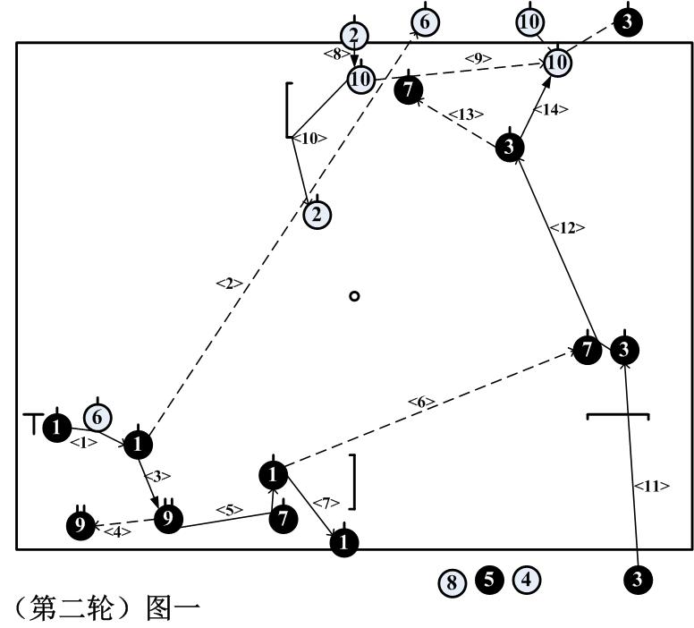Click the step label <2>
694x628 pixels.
pyautogui.click(x=230, y=284)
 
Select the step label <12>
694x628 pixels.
pyautogui.click(x=567, y=228)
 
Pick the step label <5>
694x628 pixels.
pyautogui.click(x=229, y=511)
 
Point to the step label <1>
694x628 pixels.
pyautogui.click(x=83, y=442)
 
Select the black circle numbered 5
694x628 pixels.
pyautogui.click(x=488, y=580)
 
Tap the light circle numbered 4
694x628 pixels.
pyautogui.click(x=526, y=580)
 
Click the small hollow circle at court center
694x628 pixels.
pyautogui.click(x=355, y=296)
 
